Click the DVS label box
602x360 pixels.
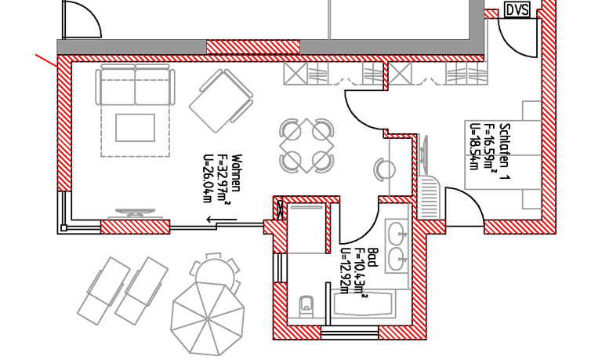tap(517, 10)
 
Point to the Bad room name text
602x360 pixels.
tap(372, 257)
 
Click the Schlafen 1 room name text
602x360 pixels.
tap(505, 151)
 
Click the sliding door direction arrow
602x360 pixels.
tap(222, 220)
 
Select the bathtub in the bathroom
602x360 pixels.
tap(364, 304)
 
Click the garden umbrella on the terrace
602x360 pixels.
tap(208, 318)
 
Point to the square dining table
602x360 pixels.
tap(306, 146)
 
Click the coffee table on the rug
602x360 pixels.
tap(135, 128)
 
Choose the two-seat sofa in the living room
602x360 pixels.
tap(135, 85)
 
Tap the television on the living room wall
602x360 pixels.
tap(135, 213)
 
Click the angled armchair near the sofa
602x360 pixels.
tap(221, 100)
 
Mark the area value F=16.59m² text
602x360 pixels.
tap(491, 148)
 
